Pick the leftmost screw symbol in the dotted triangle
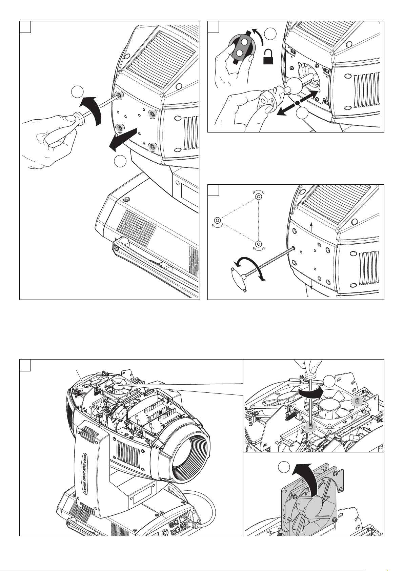[x=217, y=219]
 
